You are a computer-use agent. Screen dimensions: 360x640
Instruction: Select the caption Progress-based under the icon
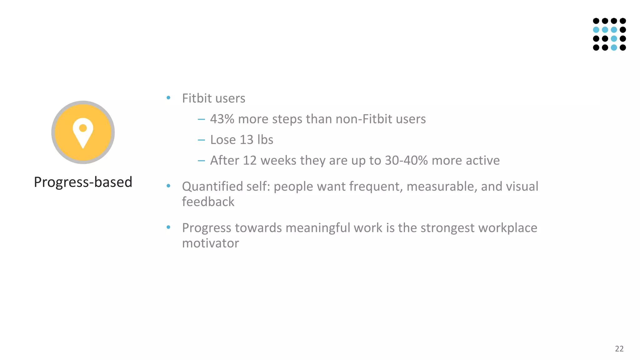coord(83,182)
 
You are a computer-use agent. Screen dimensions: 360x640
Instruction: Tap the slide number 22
coord(619,349)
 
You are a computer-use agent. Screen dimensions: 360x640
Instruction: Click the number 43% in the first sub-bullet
coord(222,119)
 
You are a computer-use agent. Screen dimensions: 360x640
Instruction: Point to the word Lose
coord(223,140)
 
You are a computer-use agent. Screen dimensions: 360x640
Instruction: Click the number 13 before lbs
coord(246,140)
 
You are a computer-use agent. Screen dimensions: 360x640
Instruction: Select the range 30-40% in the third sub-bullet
coord(406,160)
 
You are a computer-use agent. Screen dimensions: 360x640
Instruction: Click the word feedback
coord(208,202)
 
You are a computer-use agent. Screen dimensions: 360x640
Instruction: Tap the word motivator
coord(210,243)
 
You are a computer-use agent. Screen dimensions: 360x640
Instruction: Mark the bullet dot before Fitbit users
coord(168,98)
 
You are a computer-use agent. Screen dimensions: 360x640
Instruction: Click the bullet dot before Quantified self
coord(168,186)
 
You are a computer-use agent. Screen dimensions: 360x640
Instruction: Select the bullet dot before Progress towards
coord(168,227)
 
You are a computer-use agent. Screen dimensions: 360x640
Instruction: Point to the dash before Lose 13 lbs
coord(201,140)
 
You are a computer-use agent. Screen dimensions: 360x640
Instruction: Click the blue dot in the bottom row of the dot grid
coord(614,47)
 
